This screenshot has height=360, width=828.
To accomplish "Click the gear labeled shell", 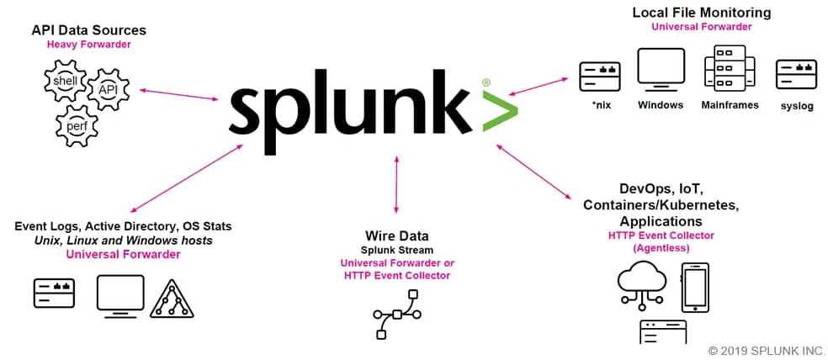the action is (x=65, y=82).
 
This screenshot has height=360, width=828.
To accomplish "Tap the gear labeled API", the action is (x=107, y=90).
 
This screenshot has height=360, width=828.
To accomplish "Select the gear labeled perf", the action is (x=77, y=126).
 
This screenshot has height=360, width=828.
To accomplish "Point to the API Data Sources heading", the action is (x=88, y=30).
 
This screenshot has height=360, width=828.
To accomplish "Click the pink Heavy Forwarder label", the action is (x=88, y=45).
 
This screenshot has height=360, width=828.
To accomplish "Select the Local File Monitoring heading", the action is (x=701, y=13).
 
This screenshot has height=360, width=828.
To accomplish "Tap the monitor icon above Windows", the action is (x=661, y=70).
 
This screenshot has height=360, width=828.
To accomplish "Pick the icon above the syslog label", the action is (x=796, y=74).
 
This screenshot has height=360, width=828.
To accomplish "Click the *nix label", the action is (x=602, y=105).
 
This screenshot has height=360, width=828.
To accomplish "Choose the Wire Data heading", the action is (x=396, y=236).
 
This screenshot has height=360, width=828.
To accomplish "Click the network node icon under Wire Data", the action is (x=397, y=315).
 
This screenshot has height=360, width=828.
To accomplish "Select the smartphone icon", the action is (x=695, y=288).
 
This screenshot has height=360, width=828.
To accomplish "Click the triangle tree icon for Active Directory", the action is (x=173, y=299).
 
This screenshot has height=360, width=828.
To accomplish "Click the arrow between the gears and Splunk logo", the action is (x=179, y=94).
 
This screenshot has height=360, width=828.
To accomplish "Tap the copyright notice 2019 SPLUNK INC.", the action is (x=767, y=350).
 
